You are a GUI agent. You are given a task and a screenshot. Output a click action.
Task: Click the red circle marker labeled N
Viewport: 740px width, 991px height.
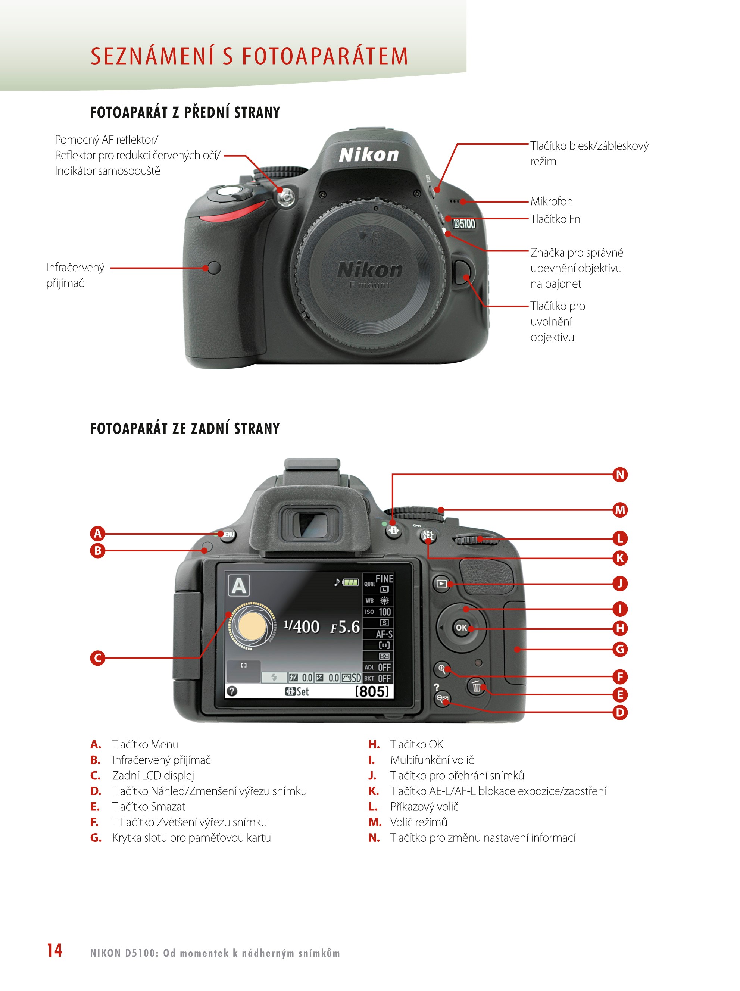pyautogui.click(x=620, y=475)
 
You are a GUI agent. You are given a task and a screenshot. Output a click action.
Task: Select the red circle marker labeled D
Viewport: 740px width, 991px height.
pyautogui.click(x=620, y=712)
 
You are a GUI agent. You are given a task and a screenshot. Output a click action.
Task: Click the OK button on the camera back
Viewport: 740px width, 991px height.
pyautogui.click(x=461, y=628)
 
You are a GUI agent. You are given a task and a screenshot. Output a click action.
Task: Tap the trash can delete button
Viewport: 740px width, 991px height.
pyautogui.click(x=476, y=686)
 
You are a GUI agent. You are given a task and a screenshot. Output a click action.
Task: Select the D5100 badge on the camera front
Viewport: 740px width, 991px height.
pyautogui.click(x=464, y=223)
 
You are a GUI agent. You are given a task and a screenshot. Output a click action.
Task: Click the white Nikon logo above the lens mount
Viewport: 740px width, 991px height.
pyautogui.click(x=369, y=155)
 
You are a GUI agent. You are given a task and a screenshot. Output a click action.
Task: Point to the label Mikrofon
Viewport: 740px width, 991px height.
pyautogui.click(x=552, y=201)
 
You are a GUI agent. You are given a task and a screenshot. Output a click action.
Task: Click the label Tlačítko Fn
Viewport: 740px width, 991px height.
pyautogui.click(x=555, y=219)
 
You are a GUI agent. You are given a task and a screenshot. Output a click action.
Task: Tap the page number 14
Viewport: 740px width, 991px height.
pyautogui.click(x=54, y=950)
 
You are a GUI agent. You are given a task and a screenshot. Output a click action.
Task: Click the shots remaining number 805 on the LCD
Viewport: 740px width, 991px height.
pyautogui.click(x=372, y=691)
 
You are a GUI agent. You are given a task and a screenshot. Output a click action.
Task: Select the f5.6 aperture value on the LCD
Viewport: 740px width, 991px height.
pyautogui.click(x=345, y=627)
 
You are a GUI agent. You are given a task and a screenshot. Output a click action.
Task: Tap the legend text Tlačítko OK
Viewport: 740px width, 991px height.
pyautogui.click(x=416, y=744)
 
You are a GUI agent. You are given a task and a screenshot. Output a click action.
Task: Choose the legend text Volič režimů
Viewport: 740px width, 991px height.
pyautogui.click(x=419, y=822)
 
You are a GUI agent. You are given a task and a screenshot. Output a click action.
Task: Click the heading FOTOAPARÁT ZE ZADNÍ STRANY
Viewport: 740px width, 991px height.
pyautogui.click(x=185, y=429)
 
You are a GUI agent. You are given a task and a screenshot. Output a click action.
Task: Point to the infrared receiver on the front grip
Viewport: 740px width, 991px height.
pyautogui.click(x=215, y=268)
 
